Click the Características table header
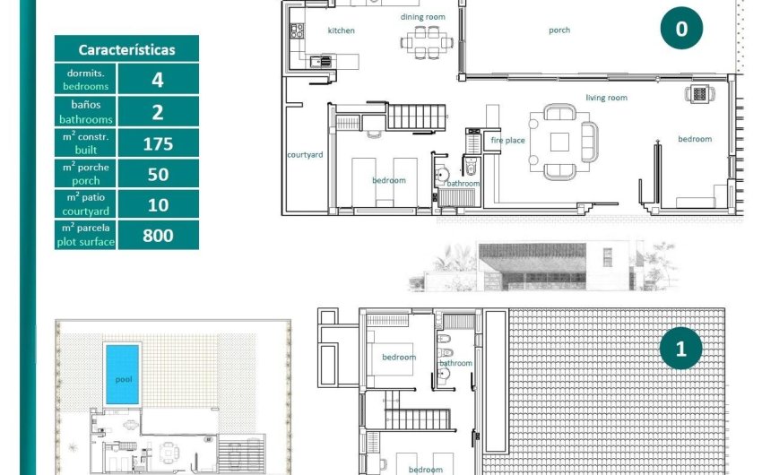tap(126, 50)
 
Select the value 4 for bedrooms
tap(158, 80)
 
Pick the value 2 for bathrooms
tap(158, 111)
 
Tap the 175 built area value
tap(158, 142)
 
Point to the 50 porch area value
tap(158, 174)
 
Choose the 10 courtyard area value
tap(158, 204)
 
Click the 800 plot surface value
tap(158, 236)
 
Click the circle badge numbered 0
tap(681, 29)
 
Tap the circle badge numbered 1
tap(680, 349)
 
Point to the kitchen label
tap(341, 30)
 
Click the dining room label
tap(422, 17)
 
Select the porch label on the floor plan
tap(559, 30)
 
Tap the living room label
tap(606, 98)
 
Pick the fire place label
tap(507, 141)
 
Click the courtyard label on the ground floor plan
tap(305, 154)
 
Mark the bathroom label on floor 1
tap(455, 363)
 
